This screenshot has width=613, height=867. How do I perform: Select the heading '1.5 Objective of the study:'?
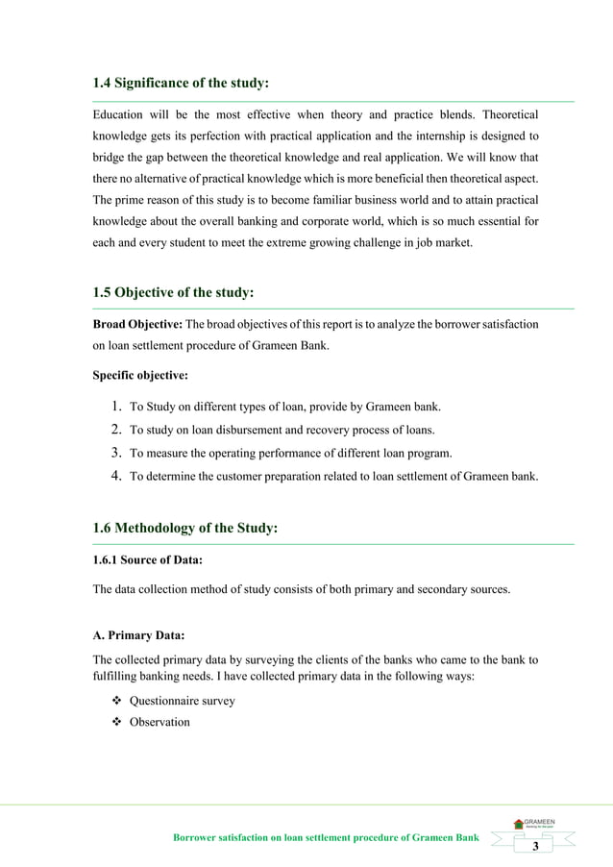(173, 292)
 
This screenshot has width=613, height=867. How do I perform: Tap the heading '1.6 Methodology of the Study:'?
(184, 527)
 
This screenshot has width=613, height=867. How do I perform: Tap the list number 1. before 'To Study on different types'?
(114, 406)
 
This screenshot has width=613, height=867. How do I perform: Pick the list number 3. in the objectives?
(114, 452)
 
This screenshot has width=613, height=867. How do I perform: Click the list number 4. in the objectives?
(114, 475)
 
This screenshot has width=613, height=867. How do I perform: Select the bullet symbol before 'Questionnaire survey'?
(116, 701)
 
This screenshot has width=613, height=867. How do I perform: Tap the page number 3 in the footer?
(535, 845)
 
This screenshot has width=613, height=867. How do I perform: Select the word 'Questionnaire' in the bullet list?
(166, 701)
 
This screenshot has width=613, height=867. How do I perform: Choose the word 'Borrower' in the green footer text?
(196, 838)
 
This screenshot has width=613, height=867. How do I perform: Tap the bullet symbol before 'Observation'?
(116, 721)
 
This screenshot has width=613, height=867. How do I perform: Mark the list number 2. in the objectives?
(114, 429)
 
